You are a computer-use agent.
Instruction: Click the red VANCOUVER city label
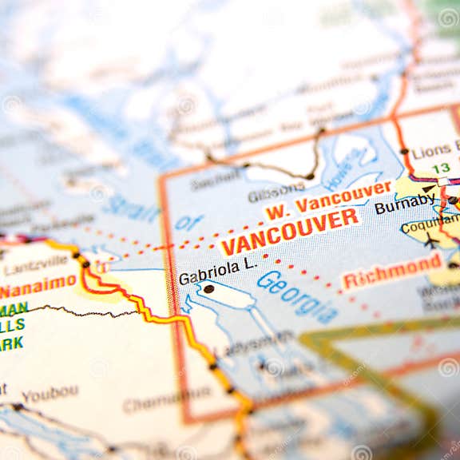[289, 232]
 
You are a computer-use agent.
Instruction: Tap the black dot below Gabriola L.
[208, 289]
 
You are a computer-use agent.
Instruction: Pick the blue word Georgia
[297, 296]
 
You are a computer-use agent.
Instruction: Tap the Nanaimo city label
[38, 284]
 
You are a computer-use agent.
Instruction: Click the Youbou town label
[50, 395]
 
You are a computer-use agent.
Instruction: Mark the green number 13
[441, 168]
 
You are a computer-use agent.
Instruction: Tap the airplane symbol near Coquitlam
[432, 241]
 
